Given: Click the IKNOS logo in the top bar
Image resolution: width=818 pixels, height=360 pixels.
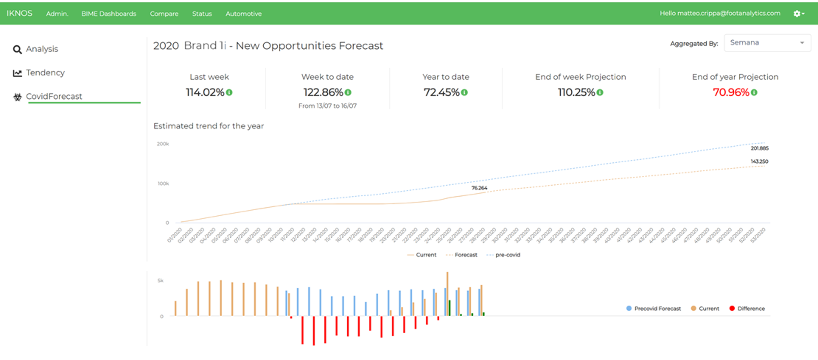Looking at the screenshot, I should point(19,13).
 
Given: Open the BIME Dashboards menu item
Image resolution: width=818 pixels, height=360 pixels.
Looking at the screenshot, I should point(109,14).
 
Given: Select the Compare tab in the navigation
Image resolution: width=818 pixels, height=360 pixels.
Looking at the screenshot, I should point(164,14).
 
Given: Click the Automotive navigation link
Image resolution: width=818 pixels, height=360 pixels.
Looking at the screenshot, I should point(243,14).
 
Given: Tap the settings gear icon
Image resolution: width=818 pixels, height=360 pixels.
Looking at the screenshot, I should point(797,14).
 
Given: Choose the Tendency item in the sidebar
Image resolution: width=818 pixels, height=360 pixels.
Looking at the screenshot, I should point(45,73).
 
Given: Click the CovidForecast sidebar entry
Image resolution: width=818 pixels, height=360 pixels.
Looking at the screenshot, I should point(54,96).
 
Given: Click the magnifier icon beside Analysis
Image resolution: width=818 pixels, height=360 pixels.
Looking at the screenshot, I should point(17,50).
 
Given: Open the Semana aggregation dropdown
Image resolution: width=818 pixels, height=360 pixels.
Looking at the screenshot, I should point(767,42).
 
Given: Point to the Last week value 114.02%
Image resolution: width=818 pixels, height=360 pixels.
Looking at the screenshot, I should point(205,92).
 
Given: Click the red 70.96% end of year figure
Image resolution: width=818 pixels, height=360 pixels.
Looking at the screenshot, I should point(731,92).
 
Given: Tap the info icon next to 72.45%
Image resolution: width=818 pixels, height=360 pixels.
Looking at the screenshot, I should point(464,92).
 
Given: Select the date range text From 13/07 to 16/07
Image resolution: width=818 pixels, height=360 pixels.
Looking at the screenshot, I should point(327,106).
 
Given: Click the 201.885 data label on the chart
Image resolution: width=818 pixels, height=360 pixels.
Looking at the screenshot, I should point(759,149).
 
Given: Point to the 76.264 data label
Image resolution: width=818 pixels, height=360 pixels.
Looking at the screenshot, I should point(479,188).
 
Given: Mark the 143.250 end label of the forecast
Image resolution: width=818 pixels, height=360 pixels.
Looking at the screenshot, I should point(759,162).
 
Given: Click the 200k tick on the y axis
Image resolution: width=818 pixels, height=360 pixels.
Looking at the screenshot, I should point(163,144).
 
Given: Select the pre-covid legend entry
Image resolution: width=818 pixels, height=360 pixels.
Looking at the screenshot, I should point(507,255).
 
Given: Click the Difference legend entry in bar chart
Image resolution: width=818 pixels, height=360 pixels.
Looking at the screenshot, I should point(751,308).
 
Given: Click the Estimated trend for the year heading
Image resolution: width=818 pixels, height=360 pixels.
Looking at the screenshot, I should point(208,126).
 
